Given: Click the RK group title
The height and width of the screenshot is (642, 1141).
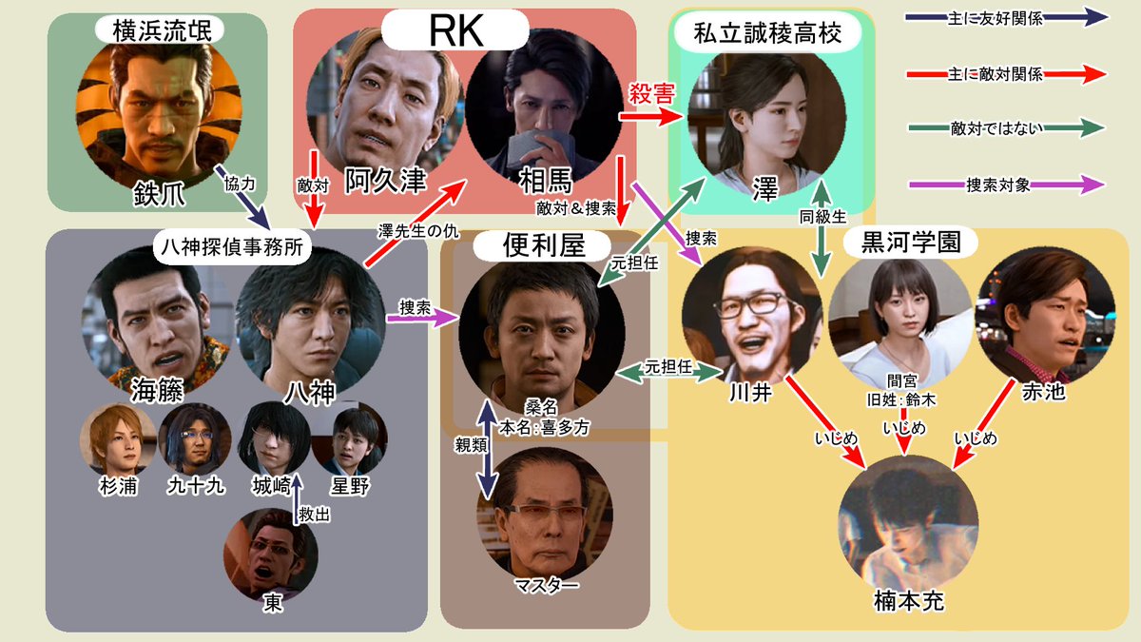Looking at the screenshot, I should [x=454, y=30].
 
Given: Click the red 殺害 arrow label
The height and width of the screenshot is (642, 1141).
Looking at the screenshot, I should [x=651, y=96].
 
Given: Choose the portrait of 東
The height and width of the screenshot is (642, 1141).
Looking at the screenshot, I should [x=271, y=552].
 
